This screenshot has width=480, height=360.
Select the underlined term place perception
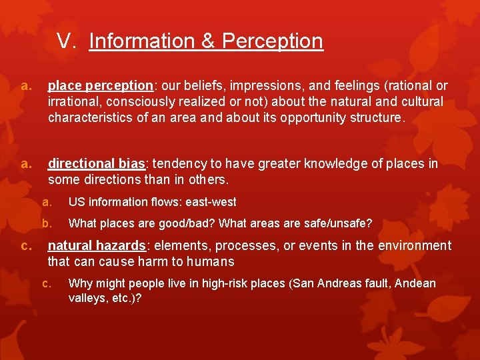tap(100, 86)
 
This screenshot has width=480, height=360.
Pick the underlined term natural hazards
tap(97, 246)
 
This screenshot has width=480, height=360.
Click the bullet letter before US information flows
tap(47, 202)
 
